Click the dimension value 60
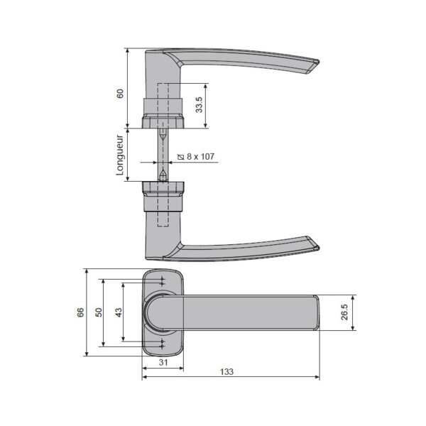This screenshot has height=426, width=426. [120, 94]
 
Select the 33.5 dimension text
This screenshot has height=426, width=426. [199, 104]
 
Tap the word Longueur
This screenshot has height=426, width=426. [120, 155]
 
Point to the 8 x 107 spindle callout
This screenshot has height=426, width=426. [196, 156]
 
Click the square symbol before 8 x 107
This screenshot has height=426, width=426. [180, 157]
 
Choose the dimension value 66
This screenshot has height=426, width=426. [80, 312]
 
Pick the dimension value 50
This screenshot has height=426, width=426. [99, 312]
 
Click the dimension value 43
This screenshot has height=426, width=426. [119, 312]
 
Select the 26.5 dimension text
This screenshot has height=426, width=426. [344, 312]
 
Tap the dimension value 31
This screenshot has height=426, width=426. [163, 362]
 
